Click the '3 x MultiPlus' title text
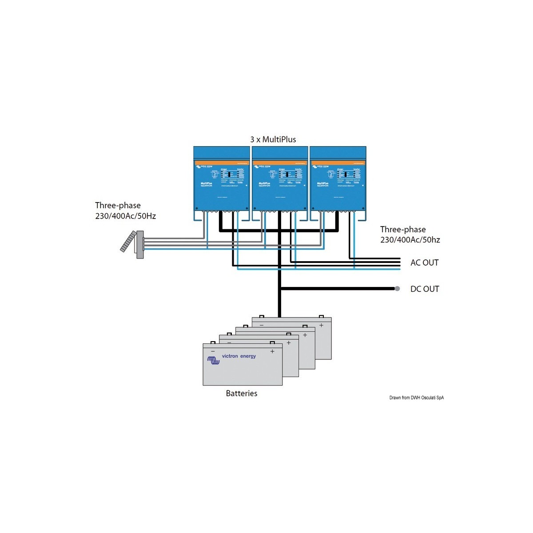(x=273, y=139)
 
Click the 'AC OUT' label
(x=424, y=263)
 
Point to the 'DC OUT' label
(x=425, y=289)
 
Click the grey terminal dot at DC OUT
(x=397, y=289)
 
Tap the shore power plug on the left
(x=133, y=244)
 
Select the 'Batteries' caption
(x=241, y=394)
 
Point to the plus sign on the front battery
(x=272, y=351)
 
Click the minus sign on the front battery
(x=213, y=351)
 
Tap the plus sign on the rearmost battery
(x=321, y=325)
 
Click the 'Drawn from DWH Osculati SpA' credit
(x=416, y=398)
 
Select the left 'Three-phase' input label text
(x=118, y=206)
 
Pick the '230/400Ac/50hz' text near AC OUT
(x=410, y=240)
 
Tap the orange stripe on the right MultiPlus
(x=338, y=163)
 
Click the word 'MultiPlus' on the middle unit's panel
(x=265, y=183)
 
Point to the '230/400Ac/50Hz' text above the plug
(x=125, y=216)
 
